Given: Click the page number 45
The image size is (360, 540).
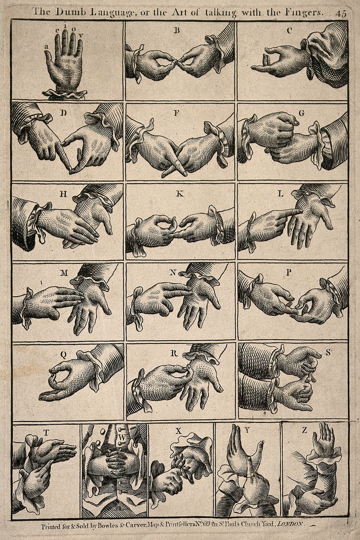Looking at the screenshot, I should click(341, 13).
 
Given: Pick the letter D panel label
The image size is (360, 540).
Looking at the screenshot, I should click(63, 112).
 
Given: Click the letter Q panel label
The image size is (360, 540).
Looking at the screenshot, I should click(63, 354).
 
